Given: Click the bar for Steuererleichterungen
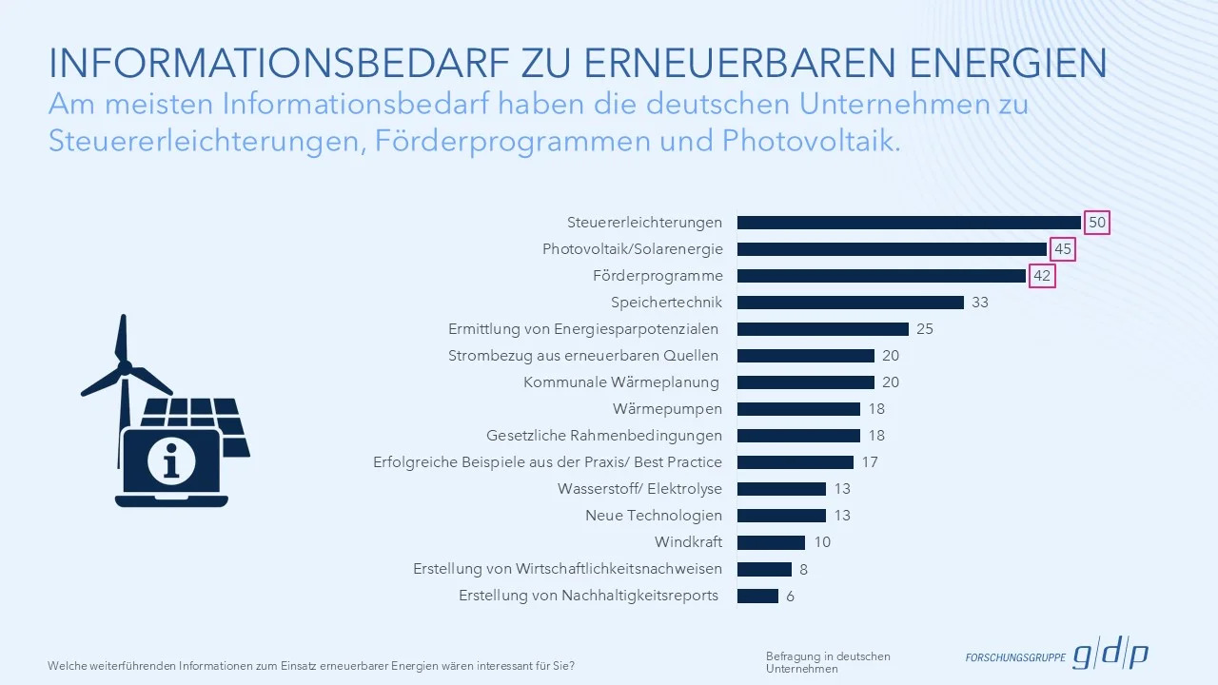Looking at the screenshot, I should [909, 223].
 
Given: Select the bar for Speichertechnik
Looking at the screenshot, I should [850, 303].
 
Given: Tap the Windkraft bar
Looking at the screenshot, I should [771, 542].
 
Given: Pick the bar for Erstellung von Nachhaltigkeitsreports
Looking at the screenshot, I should [757, 596].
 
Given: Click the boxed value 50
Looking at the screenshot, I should [1097, 223].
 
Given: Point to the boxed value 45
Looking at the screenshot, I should [1063, 249].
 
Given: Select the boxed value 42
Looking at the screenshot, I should [1042, 276].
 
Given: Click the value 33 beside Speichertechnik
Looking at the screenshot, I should [980, 303].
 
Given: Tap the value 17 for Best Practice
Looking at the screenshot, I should [870, 462].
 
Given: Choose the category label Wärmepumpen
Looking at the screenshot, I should [667, 409].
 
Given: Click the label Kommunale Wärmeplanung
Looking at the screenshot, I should [622, 382].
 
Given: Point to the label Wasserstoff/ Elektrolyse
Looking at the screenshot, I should [639, 489].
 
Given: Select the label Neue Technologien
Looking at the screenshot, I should [653, 516].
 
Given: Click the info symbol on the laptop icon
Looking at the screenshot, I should [171, 461].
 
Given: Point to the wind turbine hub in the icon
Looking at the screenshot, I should [124, 366].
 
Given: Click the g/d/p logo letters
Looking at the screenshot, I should [1110, 655].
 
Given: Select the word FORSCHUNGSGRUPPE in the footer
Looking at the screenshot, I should [1014, 657].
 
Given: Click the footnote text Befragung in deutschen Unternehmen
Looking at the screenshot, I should [828, 662].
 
